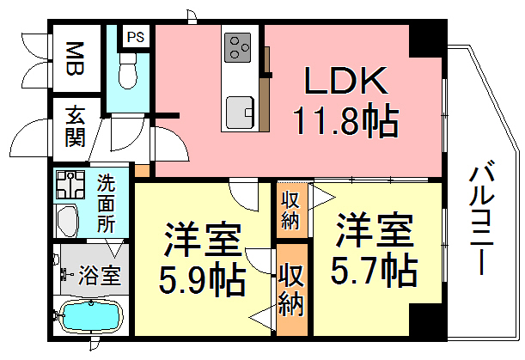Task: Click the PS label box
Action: click(135, 37)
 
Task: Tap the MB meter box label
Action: click(75, 58)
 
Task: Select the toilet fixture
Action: click(128, 70)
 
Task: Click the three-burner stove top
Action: click(238, 47)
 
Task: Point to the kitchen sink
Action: click(240, 113)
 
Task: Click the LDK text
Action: click(346, 81)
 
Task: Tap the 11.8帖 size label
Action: click(346, 120)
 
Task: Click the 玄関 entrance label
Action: click(75, 127)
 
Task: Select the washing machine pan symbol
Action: click(70, 185)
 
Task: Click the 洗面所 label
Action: click(107, 204)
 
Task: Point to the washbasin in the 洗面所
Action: click(67, 221)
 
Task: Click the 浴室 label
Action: click(100, 275)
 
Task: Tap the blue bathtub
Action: click(90, 316)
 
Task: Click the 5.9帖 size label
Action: click(202, 279)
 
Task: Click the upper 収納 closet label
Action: click(290, 211)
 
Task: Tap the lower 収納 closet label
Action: click(291, 289)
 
